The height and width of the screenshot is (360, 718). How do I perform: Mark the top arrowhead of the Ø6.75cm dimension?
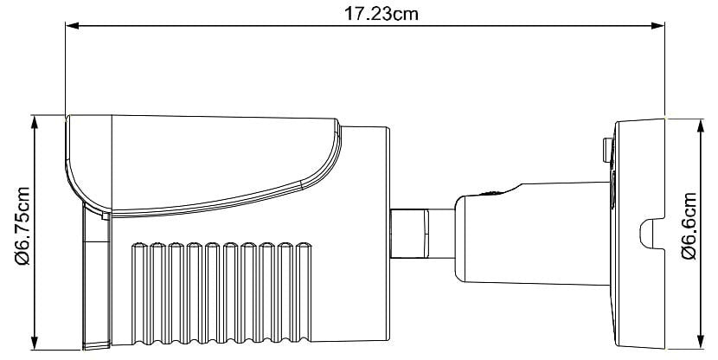pyautogui.click(x=35, y=121)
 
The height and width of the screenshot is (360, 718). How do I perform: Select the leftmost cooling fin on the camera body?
pyautogui.click(x=138, y=294)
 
